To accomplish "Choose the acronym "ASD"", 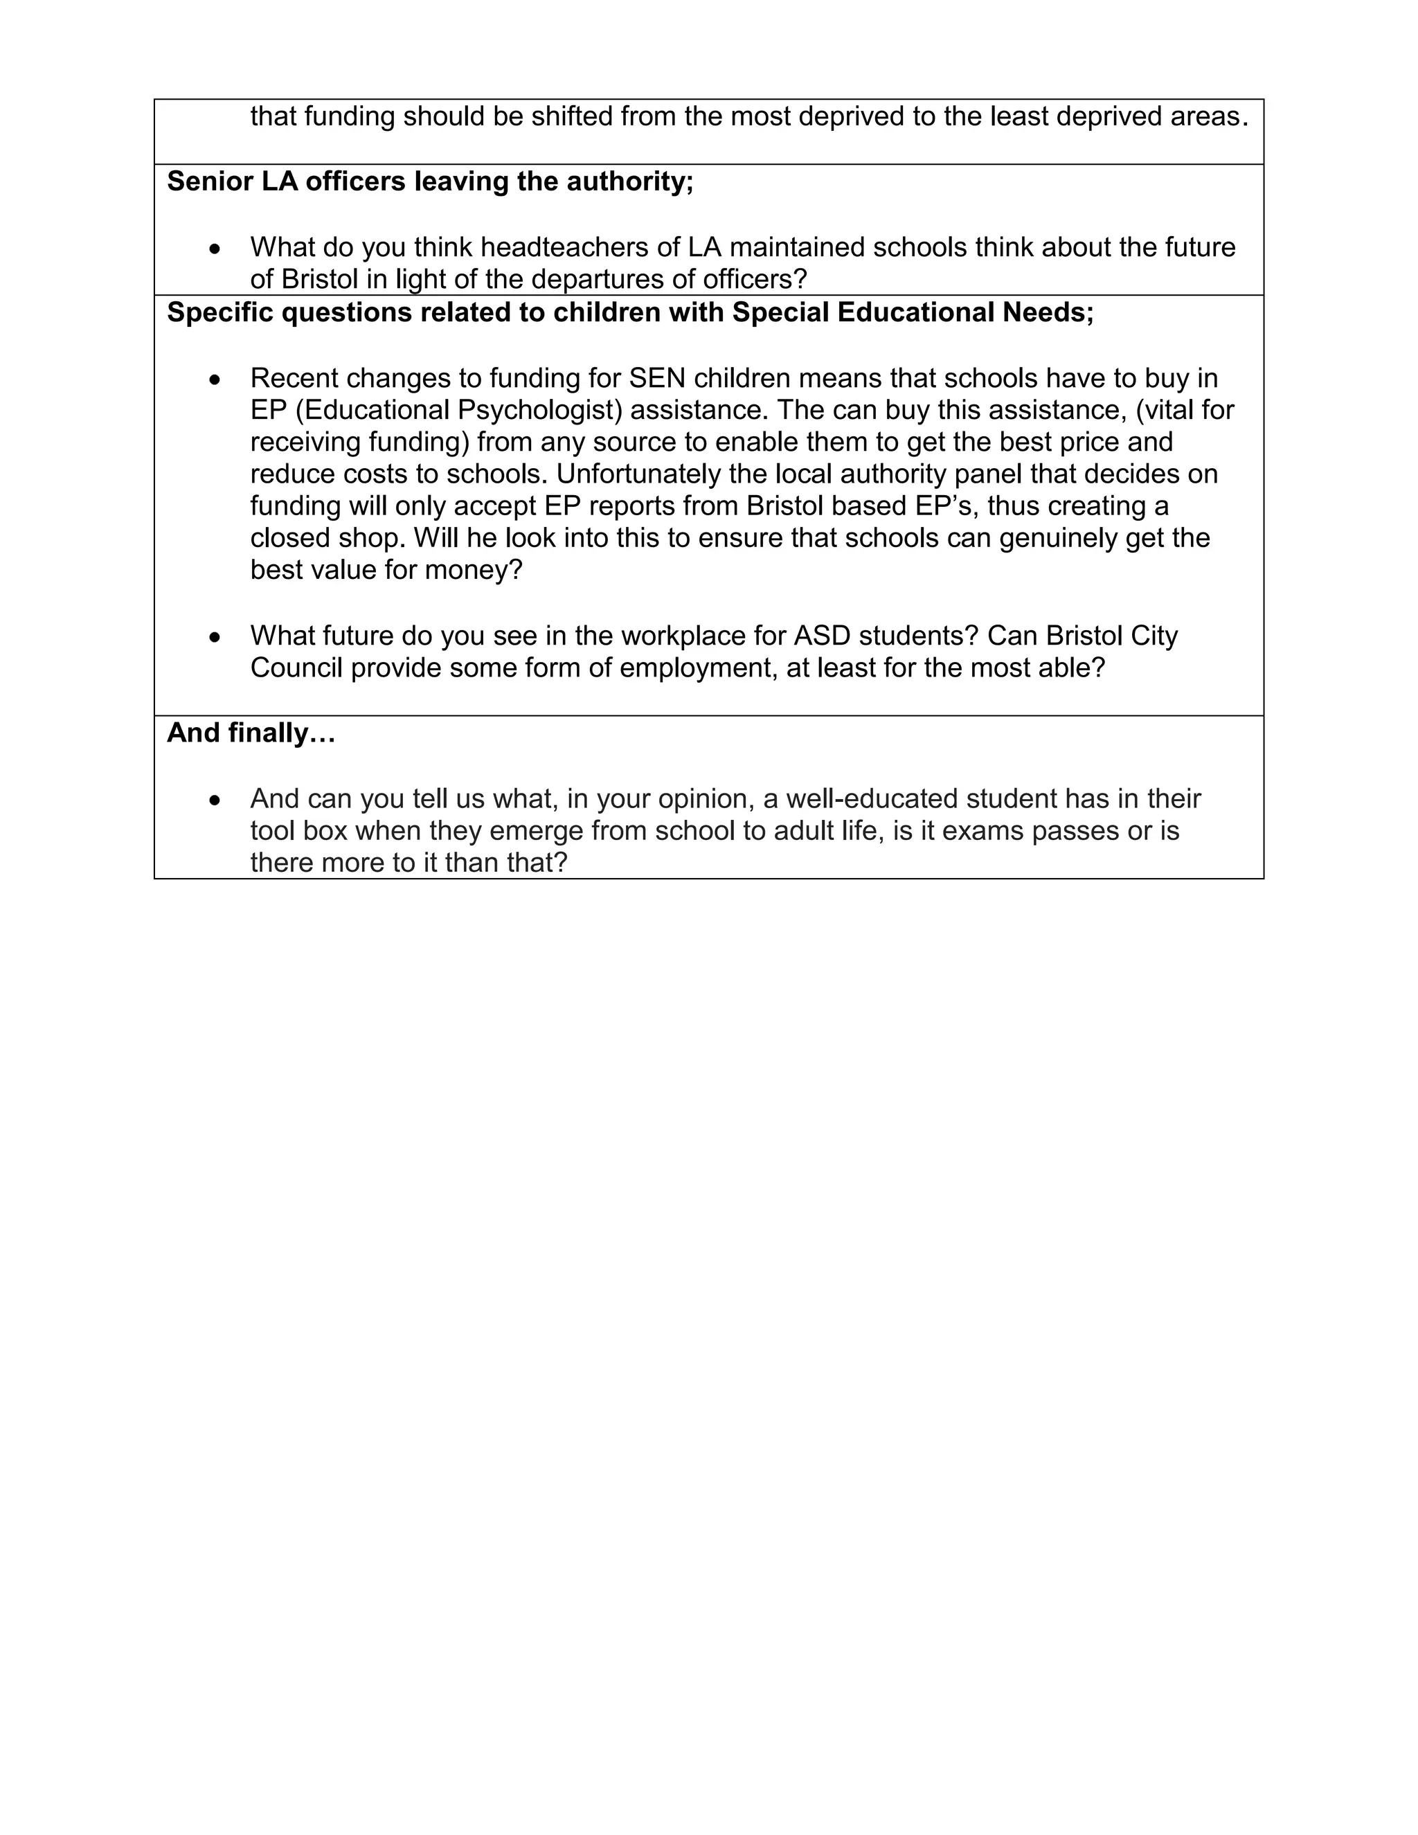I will (x=823, y=636).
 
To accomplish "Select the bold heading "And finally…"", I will (x=251, y=733).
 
